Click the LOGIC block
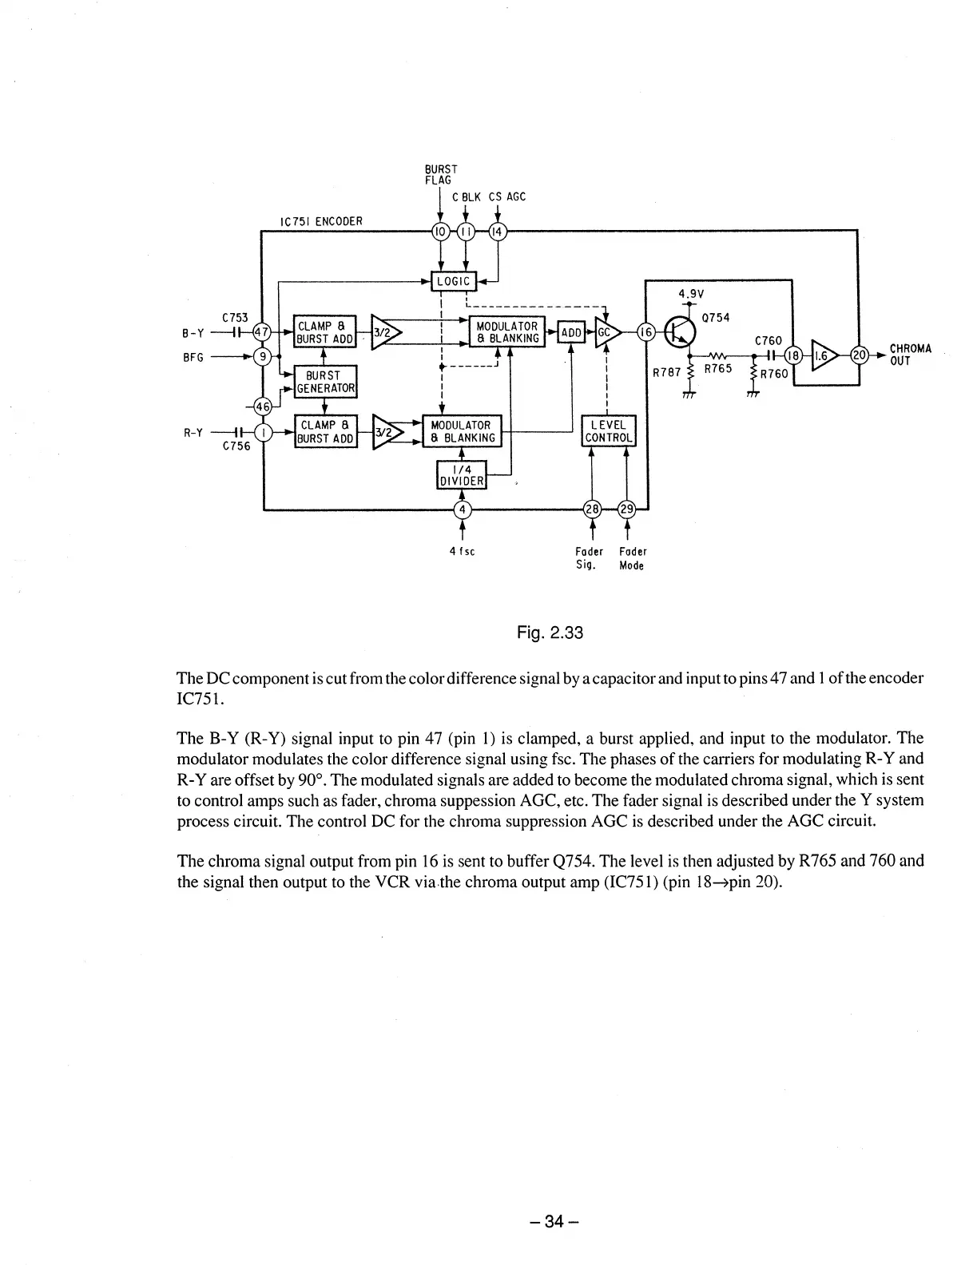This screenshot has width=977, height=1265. click(453, 281)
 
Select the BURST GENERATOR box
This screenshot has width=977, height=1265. click(326, 382)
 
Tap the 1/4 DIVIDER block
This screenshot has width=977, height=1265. click(462, 474)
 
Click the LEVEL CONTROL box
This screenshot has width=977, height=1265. click(609, 431)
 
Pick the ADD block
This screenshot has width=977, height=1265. click(570, 332)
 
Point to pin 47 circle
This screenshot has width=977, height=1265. click(261, 331)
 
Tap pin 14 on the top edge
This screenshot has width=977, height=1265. click(497, 232)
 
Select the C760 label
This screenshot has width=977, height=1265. click(768, 341)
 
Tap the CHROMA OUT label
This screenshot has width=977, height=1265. click(910, 355)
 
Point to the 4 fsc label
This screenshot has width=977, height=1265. click(462, 551)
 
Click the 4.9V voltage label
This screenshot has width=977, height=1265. click(689, 294)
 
